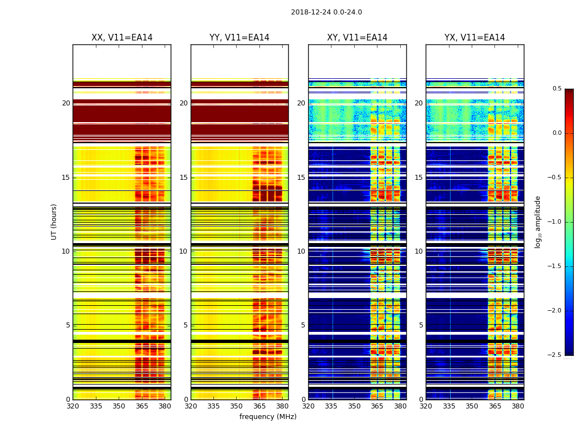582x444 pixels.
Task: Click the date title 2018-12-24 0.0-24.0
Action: (x=326, y=12)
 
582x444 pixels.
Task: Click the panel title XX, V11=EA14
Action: (x=122, y=38)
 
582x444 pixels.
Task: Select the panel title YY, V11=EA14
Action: (x=239, y=38)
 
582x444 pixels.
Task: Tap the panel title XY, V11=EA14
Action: (x=357, y=38)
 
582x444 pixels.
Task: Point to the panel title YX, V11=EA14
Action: (x=474, y=38)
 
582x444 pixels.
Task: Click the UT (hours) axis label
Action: (x=54, y=221)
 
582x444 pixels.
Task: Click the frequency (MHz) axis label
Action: (x=268, y=417)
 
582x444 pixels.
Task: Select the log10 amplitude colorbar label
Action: (x=538, y=221)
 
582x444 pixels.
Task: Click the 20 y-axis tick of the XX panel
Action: (x=66, y=103)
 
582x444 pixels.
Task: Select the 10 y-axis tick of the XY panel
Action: (x=301, y=251)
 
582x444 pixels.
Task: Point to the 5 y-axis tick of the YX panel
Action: (x=421, y=325)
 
